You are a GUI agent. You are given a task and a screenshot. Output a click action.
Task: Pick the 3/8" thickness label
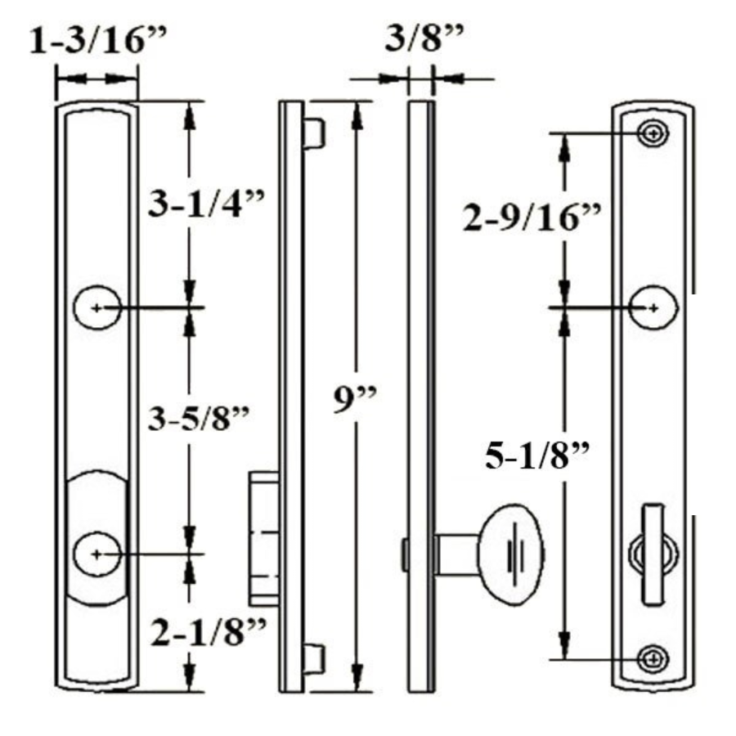[x=425, y=38]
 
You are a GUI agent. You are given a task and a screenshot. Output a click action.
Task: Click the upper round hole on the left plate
[x=97, y=308]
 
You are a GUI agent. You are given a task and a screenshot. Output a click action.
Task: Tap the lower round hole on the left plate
[x=97, y=554]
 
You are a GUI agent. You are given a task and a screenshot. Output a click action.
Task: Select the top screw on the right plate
[x=653, y=133]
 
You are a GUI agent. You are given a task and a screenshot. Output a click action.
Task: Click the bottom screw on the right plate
[x=653, y=657]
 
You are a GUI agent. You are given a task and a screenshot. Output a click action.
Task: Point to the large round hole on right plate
[x=654, y=307]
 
